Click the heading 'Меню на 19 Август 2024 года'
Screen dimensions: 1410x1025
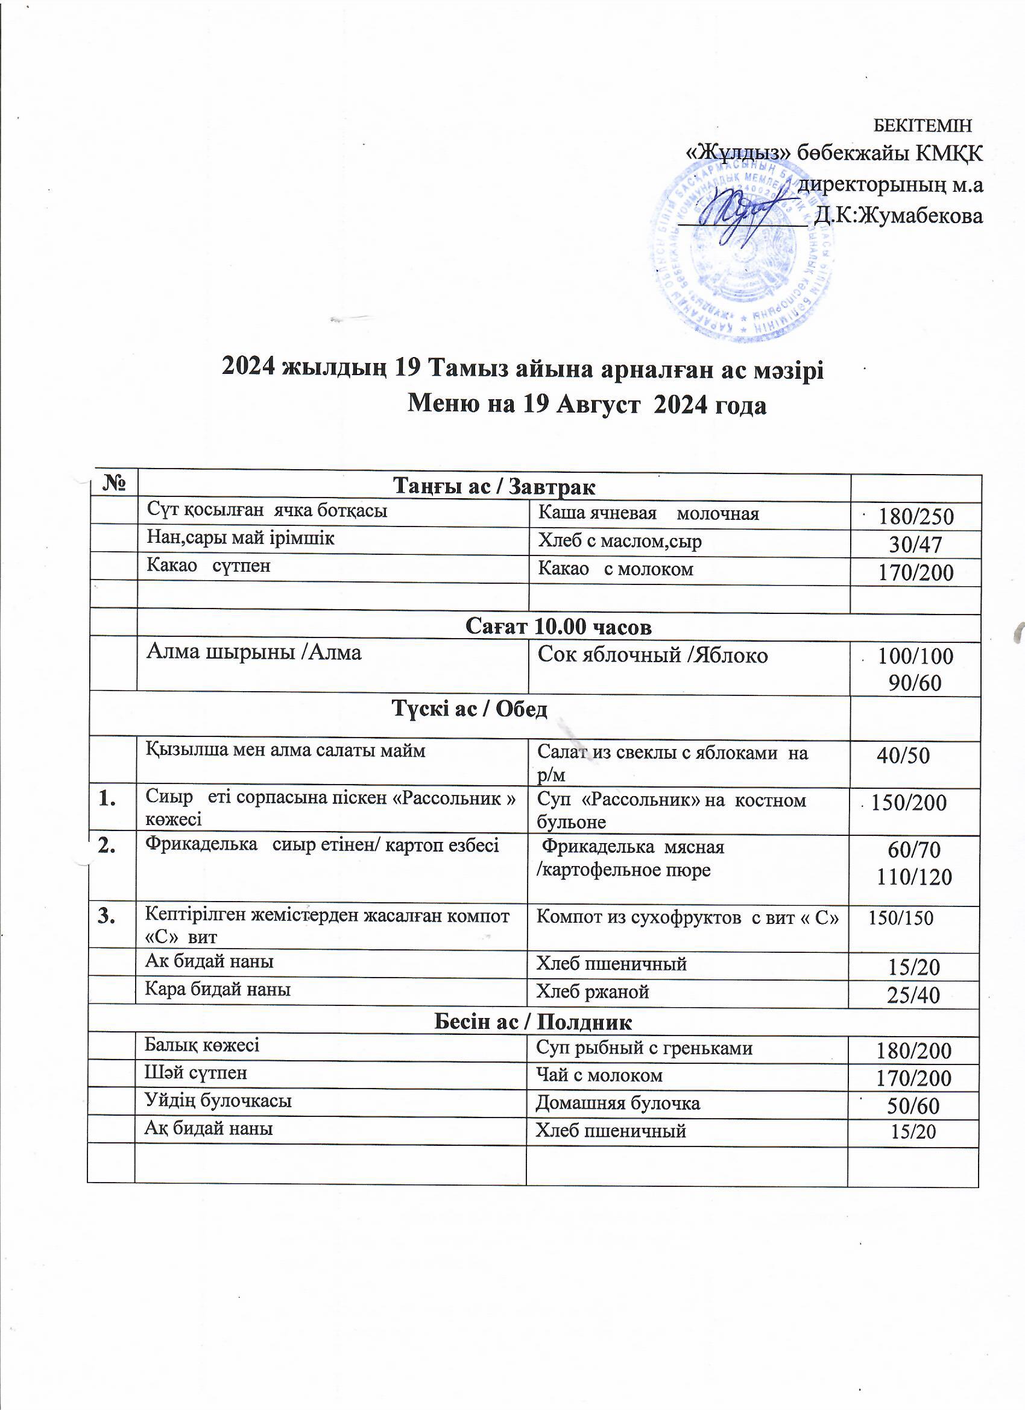pos(586,405)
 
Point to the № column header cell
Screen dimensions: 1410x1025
pos(113,484)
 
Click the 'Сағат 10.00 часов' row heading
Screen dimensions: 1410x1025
pos(558,627)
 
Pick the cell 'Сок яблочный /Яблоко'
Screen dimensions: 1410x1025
pos(652,656)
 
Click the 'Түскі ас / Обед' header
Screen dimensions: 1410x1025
pos(469,709)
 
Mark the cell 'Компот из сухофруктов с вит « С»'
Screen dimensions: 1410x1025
pos(687,918)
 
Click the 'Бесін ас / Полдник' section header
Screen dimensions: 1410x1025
pos(533,1022)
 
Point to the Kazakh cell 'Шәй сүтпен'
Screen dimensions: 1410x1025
pos(196,1073)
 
